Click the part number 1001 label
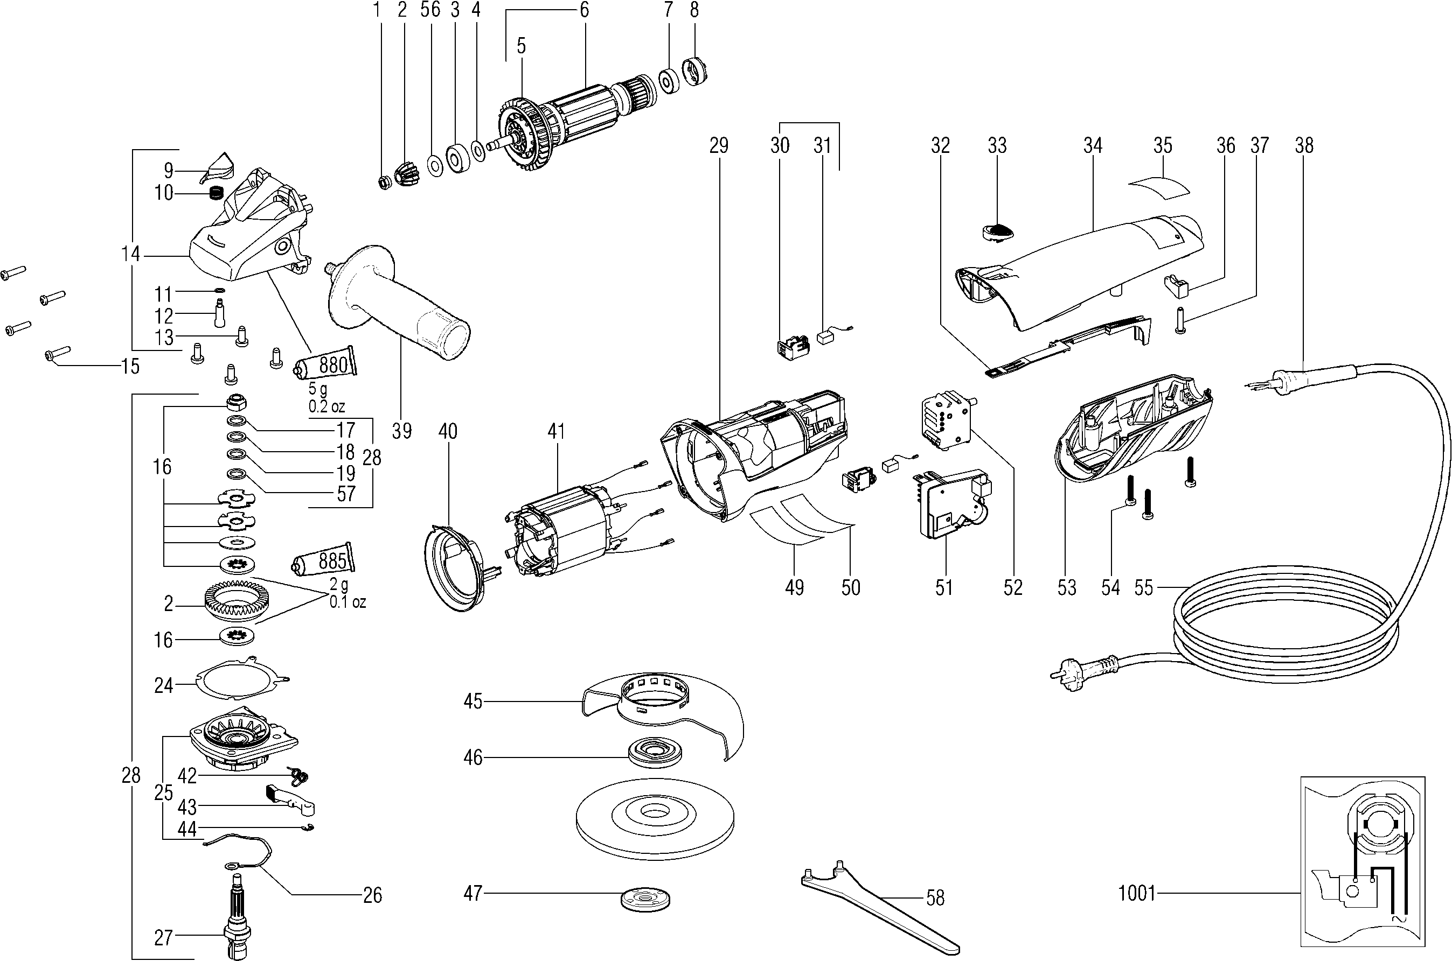(1136, 893)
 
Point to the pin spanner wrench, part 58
(883, 907)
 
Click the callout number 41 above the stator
(555, 431)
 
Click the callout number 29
(719, 145)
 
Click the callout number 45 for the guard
(473, 701)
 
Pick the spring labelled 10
(214, 194)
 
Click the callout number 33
(997, 145)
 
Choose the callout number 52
(1013, 588)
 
